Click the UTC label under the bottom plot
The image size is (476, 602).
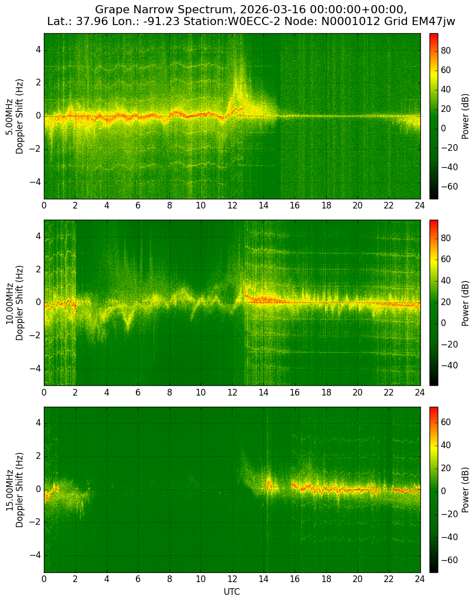232,592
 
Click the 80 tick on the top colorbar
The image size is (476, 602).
446,51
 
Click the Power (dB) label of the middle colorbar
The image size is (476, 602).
465,303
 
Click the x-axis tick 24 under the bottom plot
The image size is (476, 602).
420,580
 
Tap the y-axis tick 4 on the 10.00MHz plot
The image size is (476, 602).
38,237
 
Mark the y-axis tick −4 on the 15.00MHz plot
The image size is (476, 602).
36,555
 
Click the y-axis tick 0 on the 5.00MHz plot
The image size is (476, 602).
38,116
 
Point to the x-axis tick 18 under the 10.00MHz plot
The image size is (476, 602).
326,392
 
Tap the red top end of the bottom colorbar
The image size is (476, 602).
434,408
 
